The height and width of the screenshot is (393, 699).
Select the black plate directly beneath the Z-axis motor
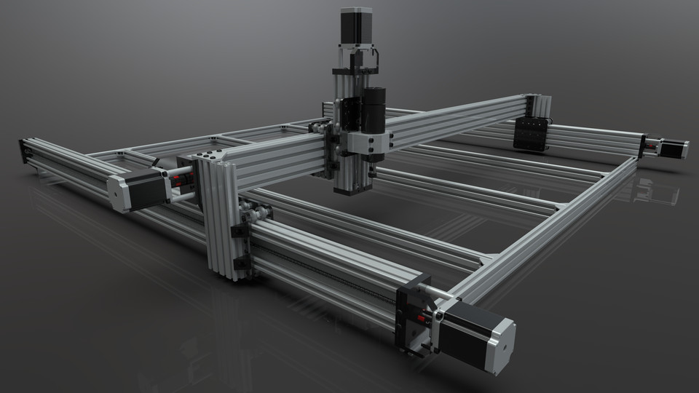[x=355, y=71]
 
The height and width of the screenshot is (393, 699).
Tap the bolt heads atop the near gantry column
[x=208, y=156]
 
